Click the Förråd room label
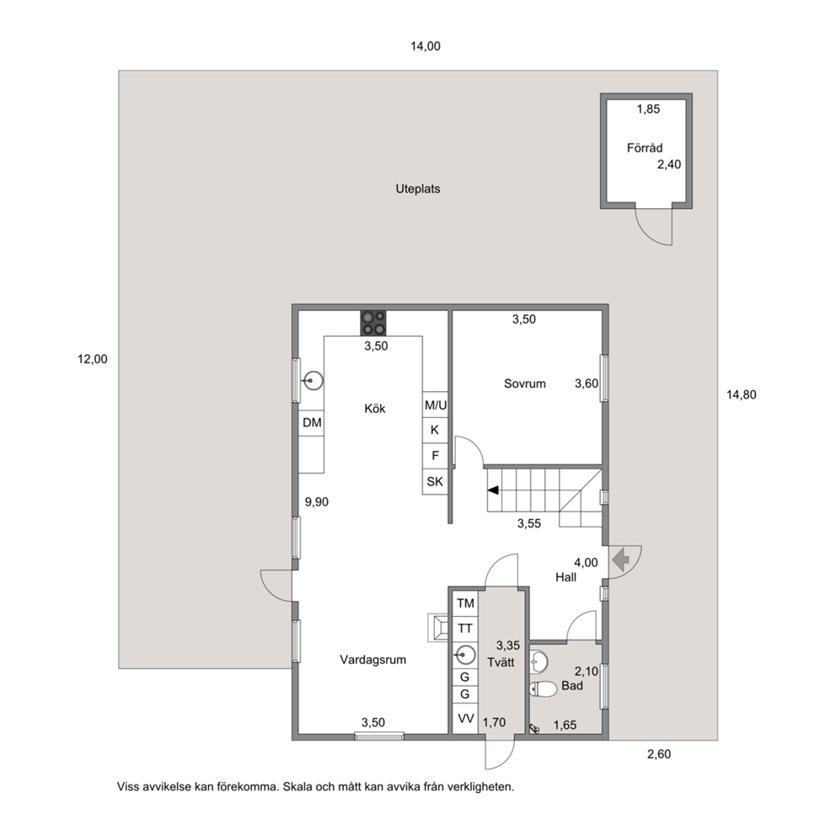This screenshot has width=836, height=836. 645,147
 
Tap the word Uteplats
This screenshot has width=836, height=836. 418,189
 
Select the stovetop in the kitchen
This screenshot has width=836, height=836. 373,323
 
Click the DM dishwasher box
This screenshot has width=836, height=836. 311,423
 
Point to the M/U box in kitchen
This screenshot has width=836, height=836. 435,405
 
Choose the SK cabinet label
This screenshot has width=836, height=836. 435,481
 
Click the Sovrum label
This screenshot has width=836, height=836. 525,383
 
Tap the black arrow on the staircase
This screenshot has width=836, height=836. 493,490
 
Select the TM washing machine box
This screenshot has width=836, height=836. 465,603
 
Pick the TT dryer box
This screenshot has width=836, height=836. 465,629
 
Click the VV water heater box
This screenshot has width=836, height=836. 465,719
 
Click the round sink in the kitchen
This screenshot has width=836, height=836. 313,381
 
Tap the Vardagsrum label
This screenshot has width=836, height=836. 373,660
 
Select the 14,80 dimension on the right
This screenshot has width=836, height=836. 741,394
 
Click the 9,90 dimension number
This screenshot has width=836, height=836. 317,501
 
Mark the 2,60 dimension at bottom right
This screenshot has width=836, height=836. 659,754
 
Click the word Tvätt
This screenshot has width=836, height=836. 501,662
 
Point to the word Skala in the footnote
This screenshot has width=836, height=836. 297,786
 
